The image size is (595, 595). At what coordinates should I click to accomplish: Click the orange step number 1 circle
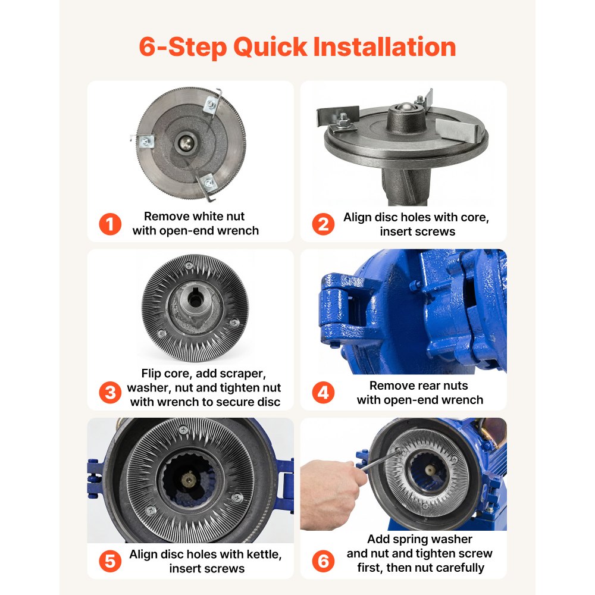(110, 224)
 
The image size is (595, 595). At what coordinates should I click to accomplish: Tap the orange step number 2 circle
(323, 224)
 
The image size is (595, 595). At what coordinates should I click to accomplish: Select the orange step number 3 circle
(110, 392)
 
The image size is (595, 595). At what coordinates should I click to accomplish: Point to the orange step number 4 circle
(323, 392)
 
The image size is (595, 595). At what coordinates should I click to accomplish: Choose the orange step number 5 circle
(110, 561)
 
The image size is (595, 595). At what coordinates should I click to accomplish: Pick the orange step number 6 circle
(323, 561)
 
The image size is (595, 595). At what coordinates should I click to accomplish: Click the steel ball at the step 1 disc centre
(186, 143)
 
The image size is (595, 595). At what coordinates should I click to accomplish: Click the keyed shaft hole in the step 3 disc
(195, 300)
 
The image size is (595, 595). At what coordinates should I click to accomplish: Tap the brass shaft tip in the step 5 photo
(189, 480)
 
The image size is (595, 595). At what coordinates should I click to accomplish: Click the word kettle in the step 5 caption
(264, 555)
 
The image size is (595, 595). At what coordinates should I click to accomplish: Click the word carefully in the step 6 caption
(460, 568)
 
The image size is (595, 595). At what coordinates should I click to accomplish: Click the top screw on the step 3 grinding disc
(189, 265)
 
